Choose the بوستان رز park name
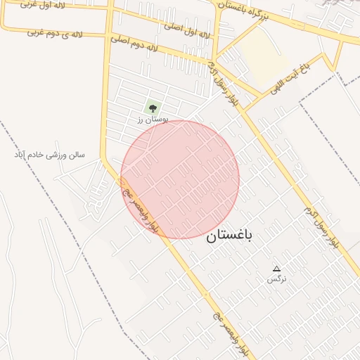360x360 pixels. [150, 120]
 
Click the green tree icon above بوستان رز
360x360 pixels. [152, 108]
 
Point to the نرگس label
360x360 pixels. [276, 279]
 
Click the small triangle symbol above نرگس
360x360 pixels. [276, 269]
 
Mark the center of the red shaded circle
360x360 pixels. [180, 179]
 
